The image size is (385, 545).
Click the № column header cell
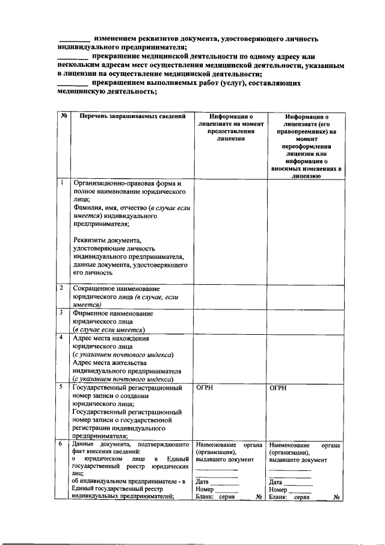pyautogui.click(x=63, y=116)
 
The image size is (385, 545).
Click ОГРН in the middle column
pyautogui.click(x=205, y=388)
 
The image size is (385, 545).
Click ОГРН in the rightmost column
pyautogui.click(x=279, y=388)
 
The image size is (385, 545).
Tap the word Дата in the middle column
pyautogui.click(x=202, y=482)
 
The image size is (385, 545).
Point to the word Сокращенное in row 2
pyautogui.click(x=94, y=289)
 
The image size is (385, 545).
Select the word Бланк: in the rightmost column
pyautogui.click(x=279, y=497)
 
